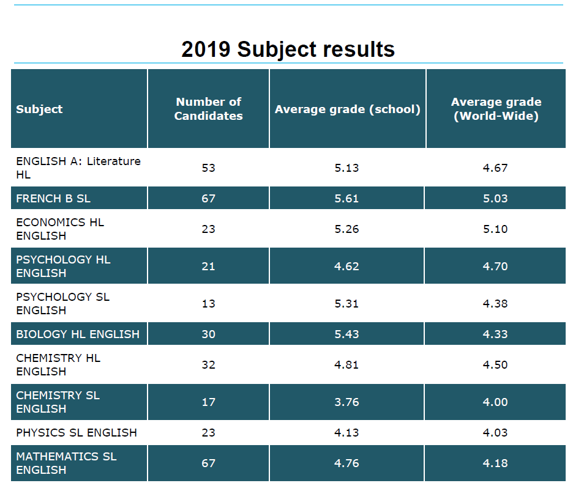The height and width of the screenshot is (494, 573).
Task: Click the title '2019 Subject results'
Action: tap(288, 49)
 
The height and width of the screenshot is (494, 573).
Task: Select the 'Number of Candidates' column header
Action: tap(208, 109)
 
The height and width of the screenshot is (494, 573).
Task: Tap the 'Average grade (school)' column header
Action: tap(347, 109)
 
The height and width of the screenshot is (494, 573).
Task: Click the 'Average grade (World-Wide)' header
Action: tap(496, 109)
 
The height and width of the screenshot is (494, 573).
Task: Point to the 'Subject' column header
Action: tap(39, 109)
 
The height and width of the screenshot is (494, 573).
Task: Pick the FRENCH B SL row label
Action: tap(53, 199)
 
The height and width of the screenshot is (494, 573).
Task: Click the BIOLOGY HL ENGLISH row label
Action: tap(78, 334)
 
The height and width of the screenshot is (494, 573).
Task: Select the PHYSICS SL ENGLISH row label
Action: tap(77, 433)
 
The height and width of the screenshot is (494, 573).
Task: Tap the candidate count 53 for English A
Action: tap(208, 168)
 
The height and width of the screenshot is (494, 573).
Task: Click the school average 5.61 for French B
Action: tap(346, 199)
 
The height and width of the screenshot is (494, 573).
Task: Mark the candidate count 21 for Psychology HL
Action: tap(208, 267)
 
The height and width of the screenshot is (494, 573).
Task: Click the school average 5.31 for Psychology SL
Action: tap(346, 304)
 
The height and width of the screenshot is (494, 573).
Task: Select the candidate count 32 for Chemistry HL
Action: tap(208, 365)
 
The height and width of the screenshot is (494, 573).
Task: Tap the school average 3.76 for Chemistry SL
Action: tap(346, 402)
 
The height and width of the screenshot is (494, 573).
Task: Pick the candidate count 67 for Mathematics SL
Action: tap(208, 463)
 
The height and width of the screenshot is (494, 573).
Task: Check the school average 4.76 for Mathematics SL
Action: tap(346, 463)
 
